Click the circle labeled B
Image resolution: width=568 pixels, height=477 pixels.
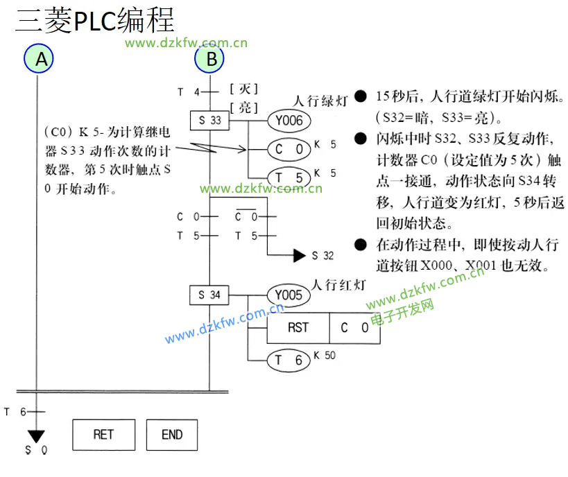[x=210, y=58]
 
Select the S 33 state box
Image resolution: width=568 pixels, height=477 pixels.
[x=209, y=121]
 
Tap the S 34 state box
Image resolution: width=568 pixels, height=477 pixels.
[x=209, y=295]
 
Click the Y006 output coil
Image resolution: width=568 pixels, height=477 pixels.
[x=288, y=121]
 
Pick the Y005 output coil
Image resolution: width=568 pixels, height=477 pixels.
[x=288, y=295]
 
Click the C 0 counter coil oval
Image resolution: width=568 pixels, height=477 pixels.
[x=289, y=149]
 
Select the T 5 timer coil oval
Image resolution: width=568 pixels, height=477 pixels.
[x=289, y=177]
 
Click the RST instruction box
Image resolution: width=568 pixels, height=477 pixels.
[x=298, y=328]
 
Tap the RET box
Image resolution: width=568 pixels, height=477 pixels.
[x=103, y=435]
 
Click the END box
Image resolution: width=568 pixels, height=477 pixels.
[x=171, y=435]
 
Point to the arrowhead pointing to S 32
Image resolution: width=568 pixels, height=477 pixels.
[x=299, y=256]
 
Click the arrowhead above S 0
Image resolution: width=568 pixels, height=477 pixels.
[x=35, y=437]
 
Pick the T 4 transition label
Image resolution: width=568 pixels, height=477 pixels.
[x=187, y=92]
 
